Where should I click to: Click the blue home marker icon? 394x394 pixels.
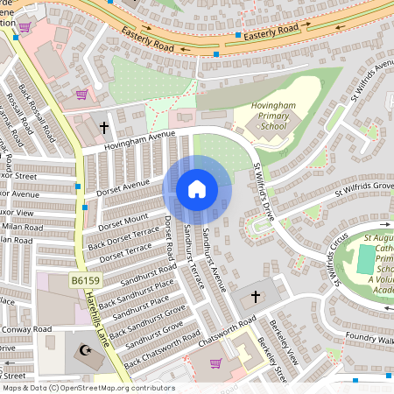tap(197, 189)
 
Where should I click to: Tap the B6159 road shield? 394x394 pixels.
tap(84, 279)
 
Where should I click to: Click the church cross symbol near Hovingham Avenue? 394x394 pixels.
tap(104, 128)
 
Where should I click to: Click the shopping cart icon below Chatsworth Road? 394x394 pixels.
tap(215, 362)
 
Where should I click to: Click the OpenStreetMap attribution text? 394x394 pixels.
tap(88, 388)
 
